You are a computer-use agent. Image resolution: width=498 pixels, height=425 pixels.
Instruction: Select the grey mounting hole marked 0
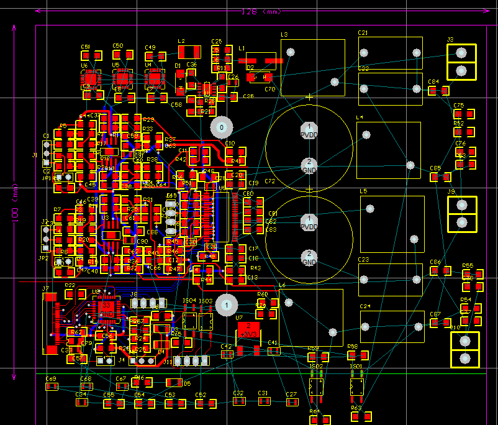point(220,128)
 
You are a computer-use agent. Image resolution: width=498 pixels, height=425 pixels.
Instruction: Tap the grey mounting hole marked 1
point(227,304)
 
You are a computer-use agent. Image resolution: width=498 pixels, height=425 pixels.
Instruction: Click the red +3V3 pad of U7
point(248,329)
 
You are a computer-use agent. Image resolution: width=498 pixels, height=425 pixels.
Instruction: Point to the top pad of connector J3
point(461,53)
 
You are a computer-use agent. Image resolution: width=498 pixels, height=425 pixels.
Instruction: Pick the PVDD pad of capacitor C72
point(309,130)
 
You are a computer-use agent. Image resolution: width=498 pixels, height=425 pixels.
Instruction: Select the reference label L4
point(360,117)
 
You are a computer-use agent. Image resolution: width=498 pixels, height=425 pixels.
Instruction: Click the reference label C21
point(363,33)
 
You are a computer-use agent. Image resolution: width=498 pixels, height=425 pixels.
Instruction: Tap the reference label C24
point(365,307)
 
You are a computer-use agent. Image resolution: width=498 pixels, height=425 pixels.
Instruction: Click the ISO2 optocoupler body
point(316,387)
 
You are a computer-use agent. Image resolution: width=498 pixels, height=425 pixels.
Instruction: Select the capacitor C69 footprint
point(51,387)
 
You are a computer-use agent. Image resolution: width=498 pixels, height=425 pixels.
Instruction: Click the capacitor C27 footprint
point(291,402)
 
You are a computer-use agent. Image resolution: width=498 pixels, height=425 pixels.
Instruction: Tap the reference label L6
point(283,285)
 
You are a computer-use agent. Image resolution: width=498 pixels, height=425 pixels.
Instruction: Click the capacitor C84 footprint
point(439,91)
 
